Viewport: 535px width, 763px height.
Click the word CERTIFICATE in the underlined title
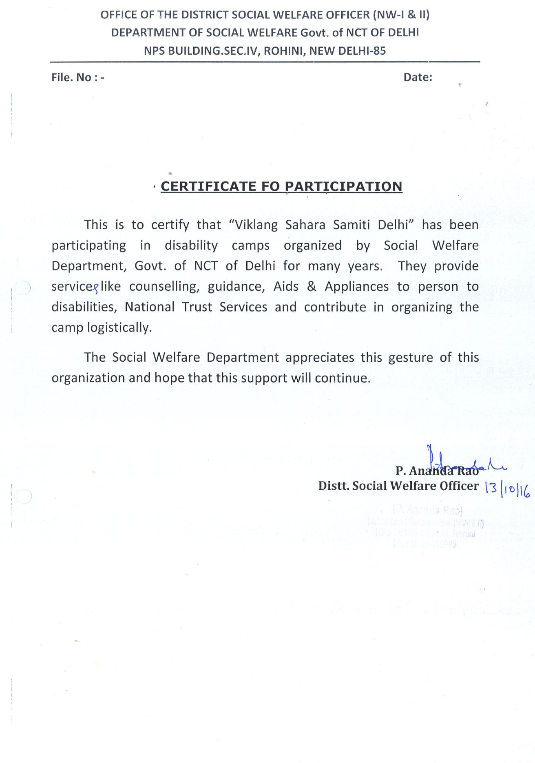pos(208,186)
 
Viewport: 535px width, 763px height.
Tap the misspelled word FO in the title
pos(270,186)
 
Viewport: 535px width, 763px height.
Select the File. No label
pos(71,77)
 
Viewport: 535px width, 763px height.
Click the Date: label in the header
pos(418,77)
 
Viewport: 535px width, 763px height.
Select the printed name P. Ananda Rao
pos(437,471)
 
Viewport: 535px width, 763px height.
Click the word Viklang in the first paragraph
pos(255,225)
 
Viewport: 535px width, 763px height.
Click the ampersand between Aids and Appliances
pos(312,286)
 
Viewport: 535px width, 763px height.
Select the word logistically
pos(119,327)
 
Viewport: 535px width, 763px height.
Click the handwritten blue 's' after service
pos(96,289)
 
